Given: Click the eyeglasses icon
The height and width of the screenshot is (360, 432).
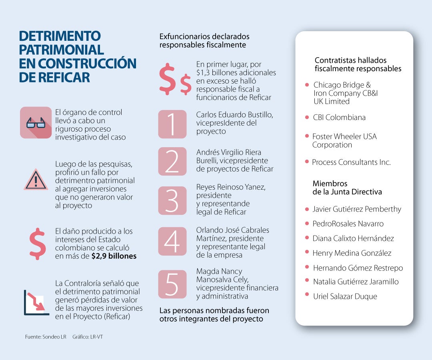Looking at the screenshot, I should (36, 122).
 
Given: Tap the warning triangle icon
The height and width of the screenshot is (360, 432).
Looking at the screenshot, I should (36, 180).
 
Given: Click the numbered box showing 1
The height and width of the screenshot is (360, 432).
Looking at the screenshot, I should (172, 124).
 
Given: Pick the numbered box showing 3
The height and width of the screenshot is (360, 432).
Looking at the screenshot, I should (172, 200).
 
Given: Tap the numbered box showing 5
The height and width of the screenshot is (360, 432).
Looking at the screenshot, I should (172, 284).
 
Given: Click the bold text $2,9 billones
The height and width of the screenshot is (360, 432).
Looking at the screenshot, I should (114, 256).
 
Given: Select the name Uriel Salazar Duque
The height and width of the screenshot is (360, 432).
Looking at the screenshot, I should (345, 296).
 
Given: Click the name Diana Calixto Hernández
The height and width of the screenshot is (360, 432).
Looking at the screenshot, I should (353, 238).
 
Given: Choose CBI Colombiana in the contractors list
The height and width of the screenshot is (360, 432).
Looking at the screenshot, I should (340, 118).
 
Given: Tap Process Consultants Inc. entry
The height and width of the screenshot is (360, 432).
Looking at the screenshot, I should (351, 162).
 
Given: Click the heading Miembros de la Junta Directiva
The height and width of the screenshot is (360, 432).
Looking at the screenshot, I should (347, 188).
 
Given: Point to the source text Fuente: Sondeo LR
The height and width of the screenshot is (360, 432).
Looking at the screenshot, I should (46, 337).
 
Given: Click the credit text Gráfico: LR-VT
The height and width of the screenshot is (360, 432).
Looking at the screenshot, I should (88, 337).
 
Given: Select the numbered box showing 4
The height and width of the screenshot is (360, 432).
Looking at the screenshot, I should (172, 241).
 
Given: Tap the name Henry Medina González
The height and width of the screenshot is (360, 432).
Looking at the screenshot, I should (352, 253).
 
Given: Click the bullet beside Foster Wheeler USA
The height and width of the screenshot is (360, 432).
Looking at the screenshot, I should (307, 136).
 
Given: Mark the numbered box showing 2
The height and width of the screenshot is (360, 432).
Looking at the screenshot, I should (172, 161).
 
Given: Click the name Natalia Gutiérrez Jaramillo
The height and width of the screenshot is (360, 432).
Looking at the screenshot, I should (356, 282).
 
